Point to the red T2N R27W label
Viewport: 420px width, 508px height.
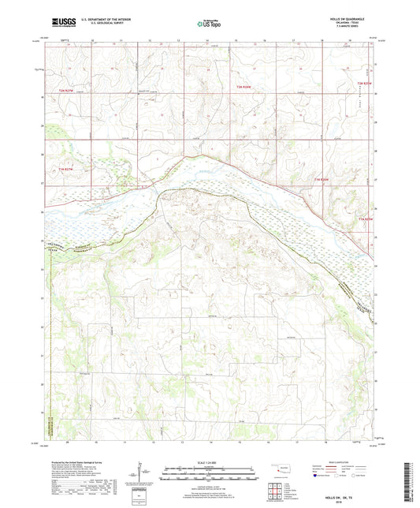(66, 92)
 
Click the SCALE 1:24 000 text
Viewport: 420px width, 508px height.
(210, 461)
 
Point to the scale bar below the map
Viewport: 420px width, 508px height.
(210, 473)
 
